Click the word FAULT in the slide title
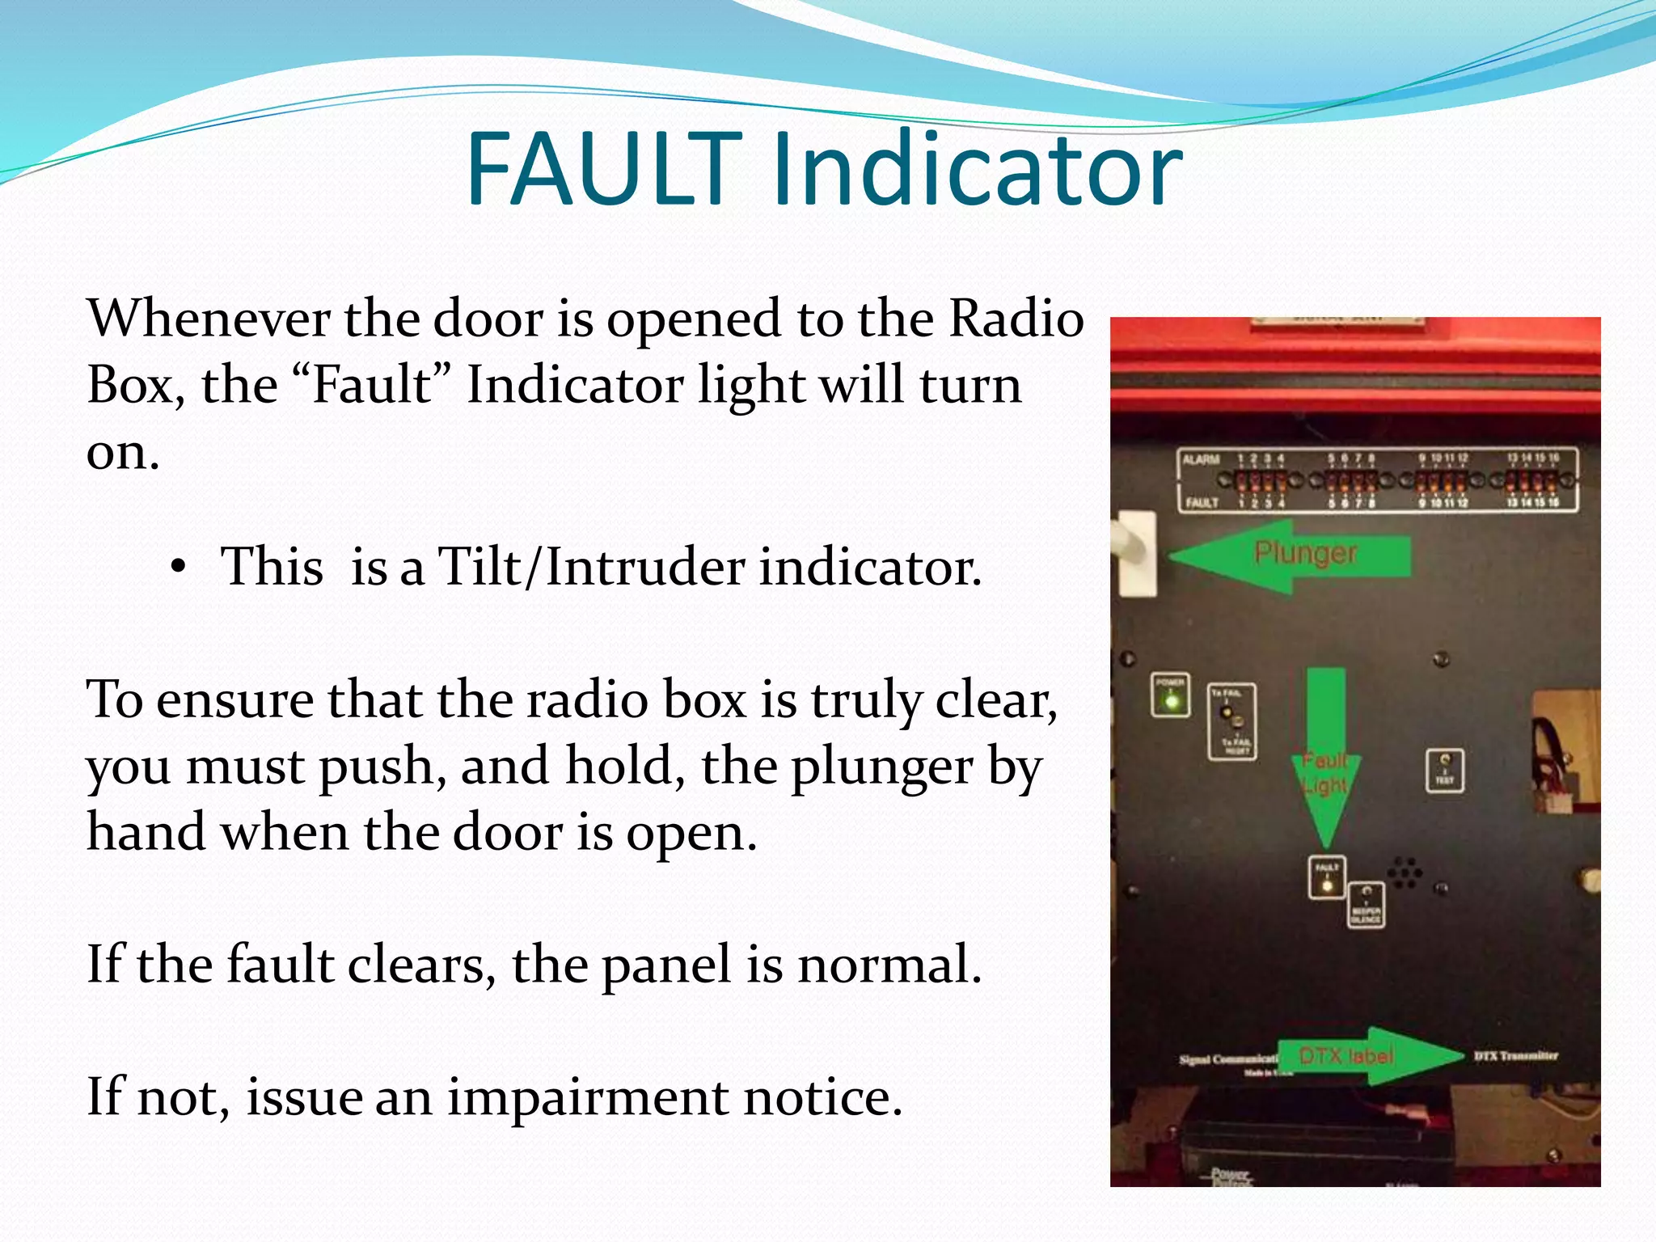pyautogui.click(x=602, y=170)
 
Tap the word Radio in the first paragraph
pyautogui.click(x=1016, y=319)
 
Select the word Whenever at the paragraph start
pyautogui.click(x=209, y=319)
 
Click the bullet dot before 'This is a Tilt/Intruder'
pyautogui.click(x=179, y=568)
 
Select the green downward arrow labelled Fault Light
pyautogui.click(x=1326, y=756)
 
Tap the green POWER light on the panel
pyautogui.click(x=1170, y=700)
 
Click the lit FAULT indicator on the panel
pyautogui.click(x=1327, y=885)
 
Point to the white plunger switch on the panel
pyautogui.click(x=1135, y=552)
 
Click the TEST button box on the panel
pyautogui.click(x=1444, y=771)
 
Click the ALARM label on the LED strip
pyautogui.click(x=1202, y=460)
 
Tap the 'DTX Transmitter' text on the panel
pyautogui.click(x=1515, y=1056)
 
